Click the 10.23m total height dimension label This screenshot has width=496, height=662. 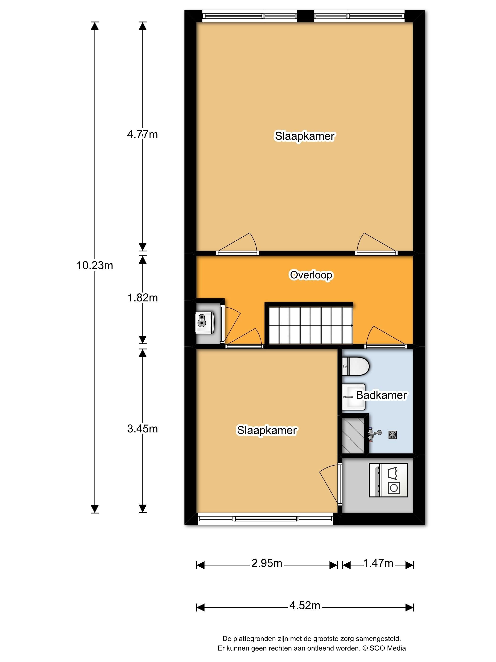(95, 266)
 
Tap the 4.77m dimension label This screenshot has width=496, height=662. (142, 135)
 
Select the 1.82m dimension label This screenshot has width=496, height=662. (143, 298)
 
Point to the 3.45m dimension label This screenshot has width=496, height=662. (143, 429)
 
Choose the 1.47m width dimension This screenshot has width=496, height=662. (378, 563)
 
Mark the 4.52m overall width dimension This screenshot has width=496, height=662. (305, 606)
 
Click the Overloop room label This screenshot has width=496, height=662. (311, 275)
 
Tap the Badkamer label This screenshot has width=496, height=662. (381, 395)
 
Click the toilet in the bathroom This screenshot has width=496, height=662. (356, 366)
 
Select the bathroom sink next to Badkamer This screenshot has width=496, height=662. (354, 397)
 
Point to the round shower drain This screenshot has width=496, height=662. (393, 435)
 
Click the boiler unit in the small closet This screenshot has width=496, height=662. (205, 323)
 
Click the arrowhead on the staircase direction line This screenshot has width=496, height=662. (351, 326)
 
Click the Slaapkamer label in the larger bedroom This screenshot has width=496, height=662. (305, 136)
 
